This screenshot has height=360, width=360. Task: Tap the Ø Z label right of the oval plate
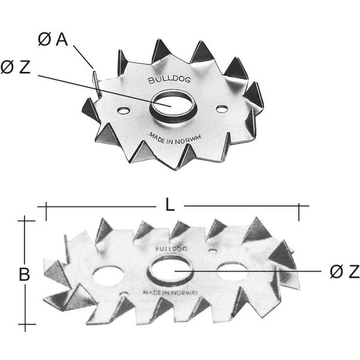tap(344, 272)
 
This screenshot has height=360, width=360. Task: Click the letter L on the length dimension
tap(170, 205)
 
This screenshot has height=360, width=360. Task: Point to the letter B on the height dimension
tap(24, 274)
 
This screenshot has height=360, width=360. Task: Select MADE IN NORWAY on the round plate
tap(174, 136)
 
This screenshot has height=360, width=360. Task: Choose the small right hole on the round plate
tap(223, 109)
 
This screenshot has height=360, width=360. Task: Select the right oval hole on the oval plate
tap(232, 271)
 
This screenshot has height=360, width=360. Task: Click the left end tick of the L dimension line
tap(44, 206)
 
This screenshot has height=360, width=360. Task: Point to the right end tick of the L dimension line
tap(299, 206)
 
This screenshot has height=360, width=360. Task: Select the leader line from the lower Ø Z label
tap(252, 271)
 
